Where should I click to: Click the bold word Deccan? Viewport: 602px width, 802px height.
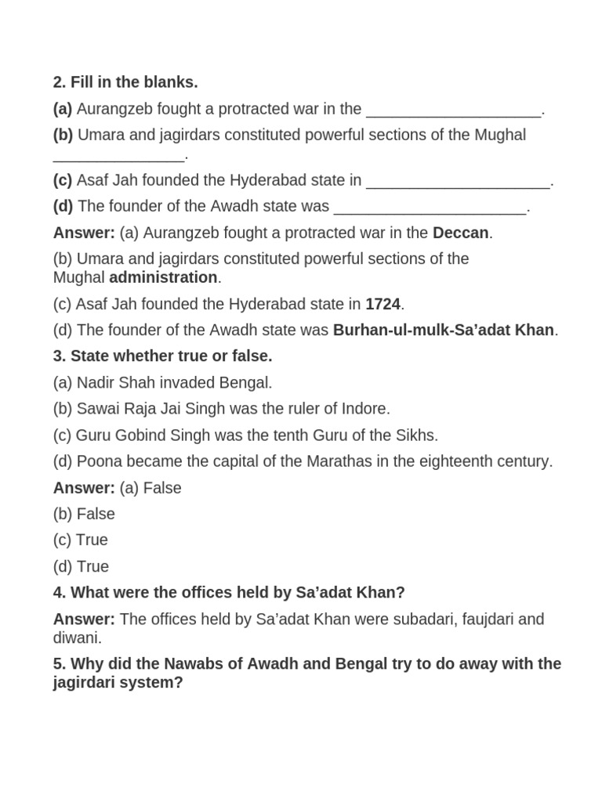(460, 233)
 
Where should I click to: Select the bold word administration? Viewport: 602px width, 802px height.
(163, 277)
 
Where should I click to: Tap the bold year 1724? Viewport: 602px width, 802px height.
(383, 304)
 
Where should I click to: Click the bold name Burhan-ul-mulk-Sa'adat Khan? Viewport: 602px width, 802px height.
(444, 330)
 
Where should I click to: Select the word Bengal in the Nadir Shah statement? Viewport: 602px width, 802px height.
(245, 383)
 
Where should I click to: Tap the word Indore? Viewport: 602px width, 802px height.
(365, 409)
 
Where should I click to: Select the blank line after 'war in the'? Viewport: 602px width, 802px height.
(454, 110)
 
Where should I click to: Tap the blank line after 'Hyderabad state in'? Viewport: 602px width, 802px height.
(459, 182)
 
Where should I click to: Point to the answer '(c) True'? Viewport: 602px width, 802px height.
(81, 540)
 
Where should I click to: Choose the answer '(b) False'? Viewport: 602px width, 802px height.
(84, 514)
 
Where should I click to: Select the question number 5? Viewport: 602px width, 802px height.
(59, 664)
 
